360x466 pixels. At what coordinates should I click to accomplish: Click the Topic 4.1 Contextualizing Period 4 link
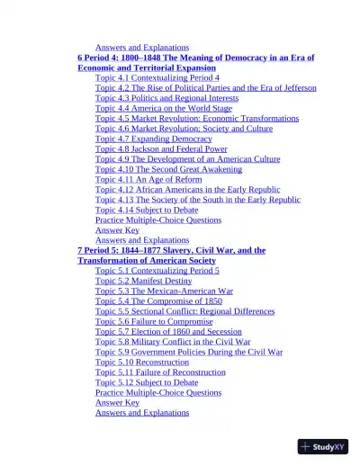pos(157,78)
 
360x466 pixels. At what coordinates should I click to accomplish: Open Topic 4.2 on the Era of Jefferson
pos(205,88)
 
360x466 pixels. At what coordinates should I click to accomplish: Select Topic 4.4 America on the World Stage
pos(163,108)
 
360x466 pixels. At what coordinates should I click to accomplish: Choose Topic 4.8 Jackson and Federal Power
pos(161,149)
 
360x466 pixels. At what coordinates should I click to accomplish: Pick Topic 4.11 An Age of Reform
pos(148,179)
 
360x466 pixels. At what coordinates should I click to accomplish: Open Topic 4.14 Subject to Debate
pos(147,210)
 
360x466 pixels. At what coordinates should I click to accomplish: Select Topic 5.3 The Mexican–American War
pos(164,291)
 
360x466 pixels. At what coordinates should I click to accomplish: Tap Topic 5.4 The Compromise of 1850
pos(158,301)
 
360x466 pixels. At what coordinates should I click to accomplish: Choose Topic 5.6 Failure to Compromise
pos(154,321)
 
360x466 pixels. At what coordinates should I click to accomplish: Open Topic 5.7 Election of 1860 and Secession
pos(170,332)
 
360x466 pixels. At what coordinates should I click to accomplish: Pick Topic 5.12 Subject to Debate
pos(147,382)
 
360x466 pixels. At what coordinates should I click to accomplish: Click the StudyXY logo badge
pos(323,446)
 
